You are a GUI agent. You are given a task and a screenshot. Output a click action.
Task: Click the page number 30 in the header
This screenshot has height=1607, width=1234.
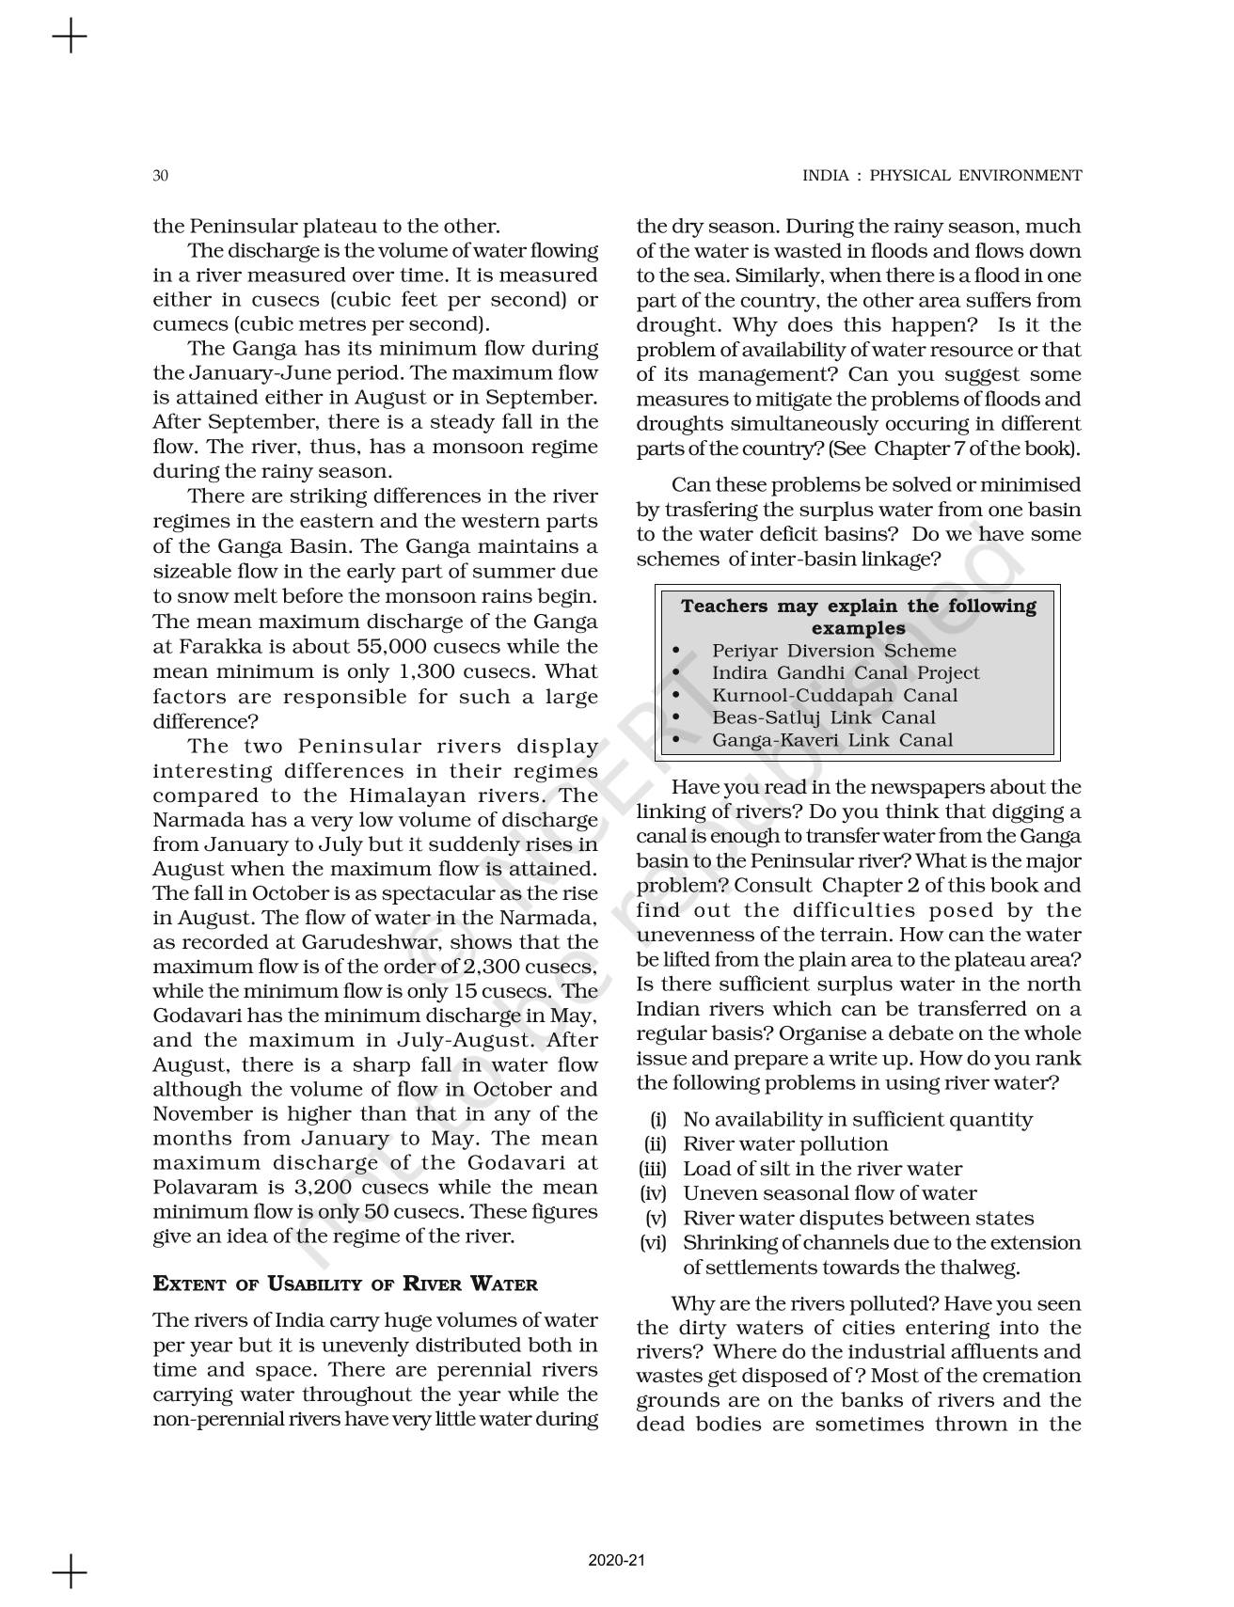point(160,176)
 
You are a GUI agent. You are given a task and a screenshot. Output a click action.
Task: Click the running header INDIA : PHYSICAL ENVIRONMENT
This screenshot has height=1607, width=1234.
point(941,176)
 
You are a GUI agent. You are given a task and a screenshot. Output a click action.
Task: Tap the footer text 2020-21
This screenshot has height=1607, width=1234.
point(617,1560)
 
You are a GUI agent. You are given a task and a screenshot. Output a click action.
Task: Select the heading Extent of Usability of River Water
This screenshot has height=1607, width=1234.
point(345,1284)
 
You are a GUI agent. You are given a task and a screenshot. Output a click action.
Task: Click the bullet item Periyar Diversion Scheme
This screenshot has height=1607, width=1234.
point(833,651)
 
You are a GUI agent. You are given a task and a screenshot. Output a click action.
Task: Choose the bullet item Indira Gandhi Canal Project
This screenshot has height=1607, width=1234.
point(845,673)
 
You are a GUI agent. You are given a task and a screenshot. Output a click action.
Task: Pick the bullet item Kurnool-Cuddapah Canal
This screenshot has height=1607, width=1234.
point(834,696)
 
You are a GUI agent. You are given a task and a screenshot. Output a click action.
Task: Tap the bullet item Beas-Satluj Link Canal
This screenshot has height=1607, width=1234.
point(823,718)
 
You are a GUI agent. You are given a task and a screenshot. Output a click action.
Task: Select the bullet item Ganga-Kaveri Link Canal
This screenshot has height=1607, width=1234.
point(831,740)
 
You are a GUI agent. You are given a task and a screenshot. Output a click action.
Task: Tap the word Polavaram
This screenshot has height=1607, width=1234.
point(199,1188)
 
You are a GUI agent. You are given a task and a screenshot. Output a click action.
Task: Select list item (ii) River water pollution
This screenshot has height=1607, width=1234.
point(784,1144)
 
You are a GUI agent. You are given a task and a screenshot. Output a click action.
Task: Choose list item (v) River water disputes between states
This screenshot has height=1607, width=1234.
point(857,1219)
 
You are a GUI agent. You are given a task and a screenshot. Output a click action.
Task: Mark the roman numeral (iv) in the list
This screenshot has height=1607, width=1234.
point(653,1194)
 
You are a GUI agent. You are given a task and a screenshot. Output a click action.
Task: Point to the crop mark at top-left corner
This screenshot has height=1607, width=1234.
point(69,38)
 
